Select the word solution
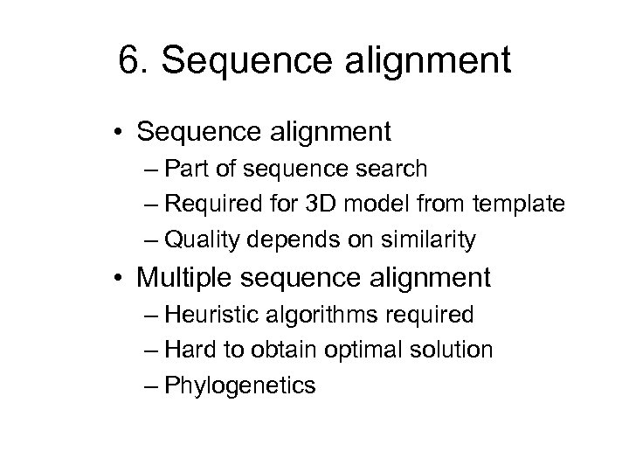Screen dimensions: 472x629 [453, 350]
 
